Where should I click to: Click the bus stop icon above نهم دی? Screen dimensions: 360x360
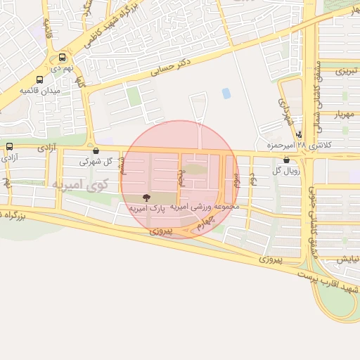pyautogui.click(x=63, y=57)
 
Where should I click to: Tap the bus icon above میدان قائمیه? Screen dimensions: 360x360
pyautogui.click(x=39, y=79)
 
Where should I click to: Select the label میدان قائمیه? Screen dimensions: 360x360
pyautogui.click(x=40, y=91)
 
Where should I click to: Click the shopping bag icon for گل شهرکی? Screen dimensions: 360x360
pyautogui.click(x=96, y=150)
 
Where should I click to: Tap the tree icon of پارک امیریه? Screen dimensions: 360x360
pyautogui.click(x=146, y=198)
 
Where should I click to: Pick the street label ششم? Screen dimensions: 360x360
pyautogui.click(x=122, y=167)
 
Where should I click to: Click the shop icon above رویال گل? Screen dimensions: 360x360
pyautogui.click(x=286, y=160)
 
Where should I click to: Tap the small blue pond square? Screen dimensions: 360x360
pyautogui.click(x=226, y=93)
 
